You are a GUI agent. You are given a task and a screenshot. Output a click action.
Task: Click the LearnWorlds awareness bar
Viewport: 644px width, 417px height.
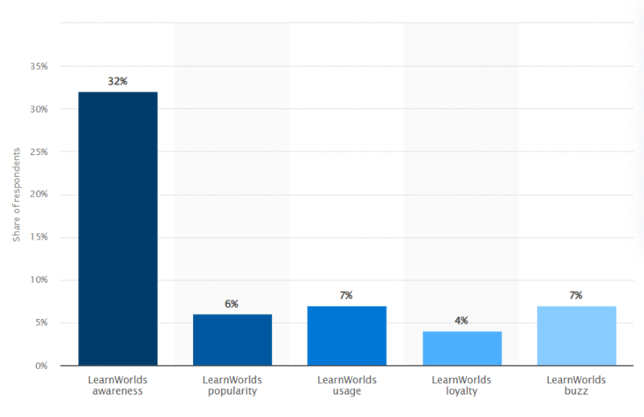pos(118,228)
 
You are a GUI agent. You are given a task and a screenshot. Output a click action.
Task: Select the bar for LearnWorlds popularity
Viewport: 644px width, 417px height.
pos(232,340)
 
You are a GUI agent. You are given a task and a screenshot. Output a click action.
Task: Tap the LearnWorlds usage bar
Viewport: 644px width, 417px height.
pos(346,336)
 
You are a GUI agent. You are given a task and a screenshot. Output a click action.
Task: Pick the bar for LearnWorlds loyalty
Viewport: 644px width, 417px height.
pos(461,349)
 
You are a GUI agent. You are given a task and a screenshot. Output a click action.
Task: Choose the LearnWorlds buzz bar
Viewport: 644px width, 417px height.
pos(576,336)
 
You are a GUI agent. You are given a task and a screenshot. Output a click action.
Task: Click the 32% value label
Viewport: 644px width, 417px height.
pos(118,81)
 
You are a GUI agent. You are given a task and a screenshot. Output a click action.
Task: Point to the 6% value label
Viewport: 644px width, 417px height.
pos(232,304)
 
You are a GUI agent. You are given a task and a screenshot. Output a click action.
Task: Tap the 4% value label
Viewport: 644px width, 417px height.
pos(461,321)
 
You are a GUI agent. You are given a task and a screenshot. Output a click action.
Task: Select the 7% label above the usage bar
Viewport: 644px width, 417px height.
pos(346,295)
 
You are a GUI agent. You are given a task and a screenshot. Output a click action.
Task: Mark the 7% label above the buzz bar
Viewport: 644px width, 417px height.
pos(576,295)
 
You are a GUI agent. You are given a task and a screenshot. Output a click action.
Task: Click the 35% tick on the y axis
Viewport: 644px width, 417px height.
pos(39,67)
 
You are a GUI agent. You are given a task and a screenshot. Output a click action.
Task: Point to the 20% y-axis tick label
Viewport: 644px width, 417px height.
pos(39,194)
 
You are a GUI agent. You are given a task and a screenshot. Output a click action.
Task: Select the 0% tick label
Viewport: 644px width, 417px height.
pos(41,366)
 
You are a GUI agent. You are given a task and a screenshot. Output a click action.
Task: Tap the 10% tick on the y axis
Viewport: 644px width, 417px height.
pos(39,280)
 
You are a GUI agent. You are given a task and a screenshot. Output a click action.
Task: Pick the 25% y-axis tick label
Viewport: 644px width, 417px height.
pos(39,152)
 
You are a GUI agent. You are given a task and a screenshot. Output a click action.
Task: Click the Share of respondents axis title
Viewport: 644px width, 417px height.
pos(16,194)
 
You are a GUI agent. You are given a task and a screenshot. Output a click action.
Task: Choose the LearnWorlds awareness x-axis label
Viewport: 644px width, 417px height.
pos(118,386)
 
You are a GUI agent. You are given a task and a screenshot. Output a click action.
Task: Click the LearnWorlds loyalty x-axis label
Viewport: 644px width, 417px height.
pos(461,386)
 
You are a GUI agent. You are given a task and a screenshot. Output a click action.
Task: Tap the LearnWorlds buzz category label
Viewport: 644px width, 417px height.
pos(576,386)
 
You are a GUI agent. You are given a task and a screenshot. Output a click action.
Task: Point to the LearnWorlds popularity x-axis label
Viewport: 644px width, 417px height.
pos(232,386)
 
